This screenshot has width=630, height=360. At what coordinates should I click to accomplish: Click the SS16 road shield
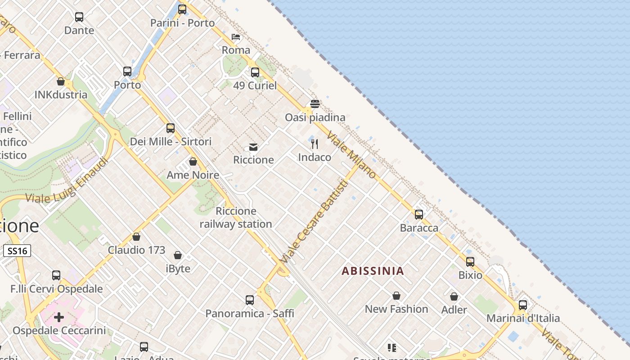coord(17,251)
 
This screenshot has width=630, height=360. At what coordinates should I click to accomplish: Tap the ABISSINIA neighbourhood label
coord(373,271)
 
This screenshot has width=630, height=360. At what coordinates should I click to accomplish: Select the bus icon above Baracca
coord(419,215)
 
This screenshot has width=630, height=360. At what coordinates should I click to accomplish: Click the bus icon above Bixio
coord(470,262)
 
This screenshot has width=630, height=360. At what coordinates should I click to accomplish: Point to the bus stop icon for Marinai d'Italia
coord(523,305)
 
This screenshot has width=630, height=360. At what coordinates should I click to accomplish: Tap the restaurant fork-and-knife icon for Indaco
coord(315,144)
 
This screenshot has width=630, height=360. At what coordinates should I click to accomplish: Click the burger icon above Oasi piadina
coord(315,104)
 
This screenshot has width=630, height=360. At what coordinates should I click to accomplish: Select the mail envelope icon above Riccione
coord(253,147)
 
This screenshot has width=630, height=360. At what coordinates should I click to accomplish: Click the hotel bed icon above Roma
coord(236,37)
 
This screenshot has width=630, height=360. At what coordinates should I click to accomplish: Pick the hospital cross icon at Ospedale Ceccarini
coord(59,317)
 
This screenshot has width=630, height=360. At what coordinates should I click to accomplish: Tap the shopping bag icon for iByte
coord(178,256)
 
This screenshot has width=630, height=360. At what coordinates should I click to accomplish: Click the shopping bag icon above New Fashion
coord(396,296)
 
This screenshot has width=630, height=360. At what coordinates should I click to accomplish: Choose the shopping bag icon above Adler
coord(454,297)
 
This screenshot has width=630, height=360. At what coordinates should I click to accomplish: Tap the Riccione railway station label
coord(236,217)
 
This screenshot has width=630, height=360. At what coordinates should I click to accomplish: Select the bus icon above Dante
coord(79,17)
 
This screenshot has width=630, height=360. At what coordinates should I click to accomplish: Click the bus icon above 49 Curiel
coord(255,72)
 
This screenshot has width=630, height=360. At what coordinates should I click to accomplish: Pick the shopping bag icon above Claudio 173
coord(136,237)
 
